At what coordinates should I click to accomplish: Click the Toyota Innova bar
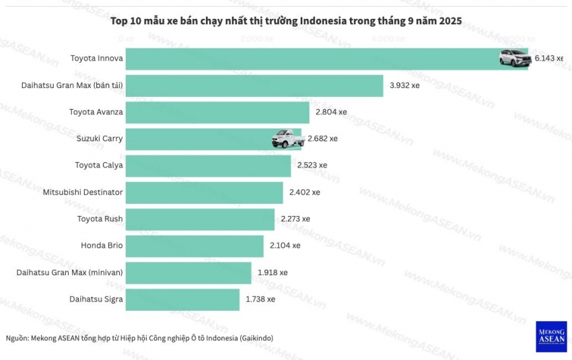[x=310, y=59]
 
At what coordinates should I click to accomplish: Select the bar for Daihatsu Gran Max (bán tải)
[x=254, y=85]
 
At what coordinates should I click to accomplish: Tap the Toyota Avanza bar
[x=217, y=112]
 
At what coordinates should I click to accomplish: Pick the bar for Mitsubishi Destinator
[x=204, y=192]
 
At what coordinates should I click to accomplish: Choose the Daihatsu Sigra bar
[x=182, y=299]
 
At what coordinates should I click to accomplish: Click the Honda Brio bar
[x=194, y=246]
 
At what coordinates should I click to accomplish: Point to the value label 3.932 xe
[x=404, y=85]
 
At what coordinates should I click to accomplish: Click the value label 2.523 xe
[x=312, y=166]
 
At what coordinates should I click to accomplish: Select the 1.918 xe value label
[x=273, y=273]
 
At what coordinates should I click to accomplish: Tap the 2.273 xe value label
[x=295, y=219]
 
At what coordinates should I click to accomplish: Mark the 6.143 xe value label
[x=548, y=59]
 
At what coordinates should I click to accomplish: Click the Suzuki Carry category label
[x=100, y=139]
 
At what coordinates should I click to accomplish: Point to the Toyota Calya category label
[x=99, y=166]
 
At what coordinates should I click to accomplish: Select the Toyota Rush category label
[x=100, y=219]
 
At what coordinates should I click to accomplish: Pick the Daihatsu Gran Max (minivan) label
[x=70, y=273]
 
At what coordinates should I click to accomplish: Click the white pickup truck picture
[x=287, y=139]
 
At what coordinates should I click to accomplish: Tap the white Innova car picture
[x=515, y=59]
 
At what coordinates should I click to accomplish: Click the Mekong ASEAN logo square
[x=551, y=336]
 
